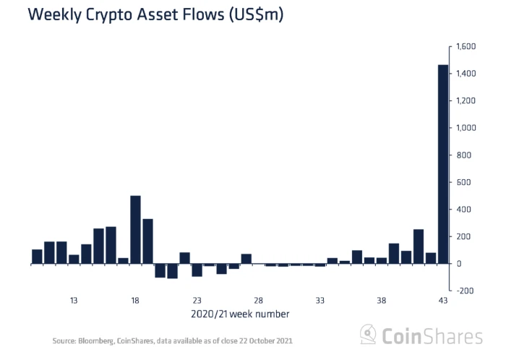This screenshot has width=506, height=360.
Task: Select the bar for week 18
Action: (x=135, y=230)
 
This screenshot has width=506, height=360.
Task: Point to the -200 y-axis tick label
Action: (x=463, y=291)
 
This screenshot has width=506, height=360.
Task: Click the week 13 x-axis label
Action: (x=74, y=301)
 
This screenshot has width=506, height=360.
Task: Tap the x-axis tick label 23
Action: (x=197, y=301)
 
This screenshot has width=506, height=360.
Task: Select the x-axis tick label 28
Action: (x=258, y=301)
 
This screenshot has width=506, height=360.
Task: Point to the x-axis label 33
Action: (x=320, y=301)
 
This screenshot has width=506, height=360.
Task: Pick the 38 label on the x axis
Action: (x=381, y=301)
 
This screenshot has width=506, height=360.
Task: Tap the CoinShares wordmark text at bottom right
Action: (x=433, y=336)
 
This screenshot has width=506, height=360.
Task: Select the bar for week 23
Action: (x=197, y=270)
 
